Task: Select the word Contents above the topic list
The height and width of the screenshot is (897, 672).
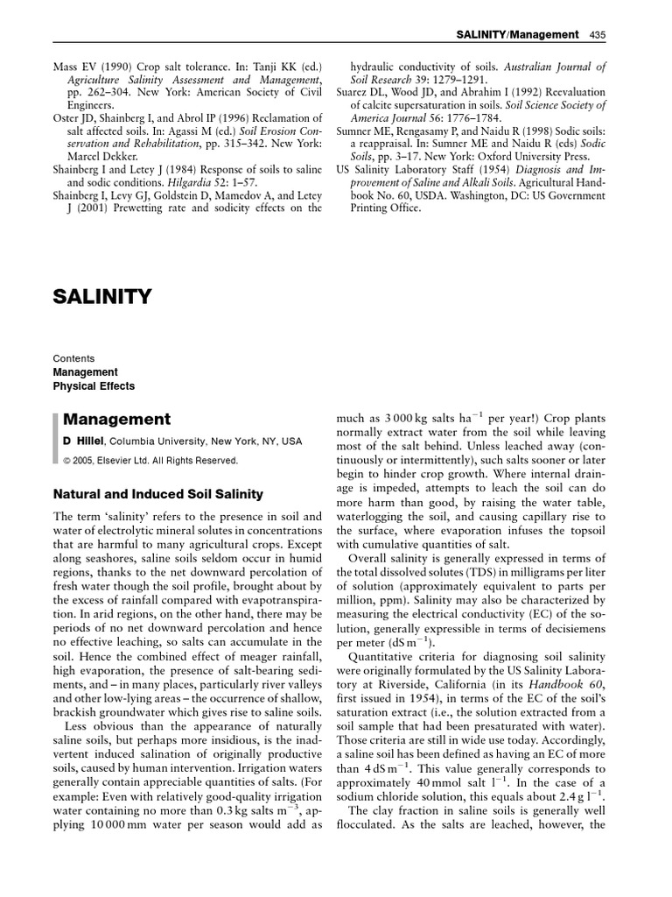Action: [73, 359]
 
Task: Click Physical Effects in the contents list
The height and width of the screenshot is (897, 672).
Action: [94, 386]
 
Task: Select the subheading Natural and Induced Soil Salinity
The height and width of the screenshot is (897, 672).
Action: [157, 495]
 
